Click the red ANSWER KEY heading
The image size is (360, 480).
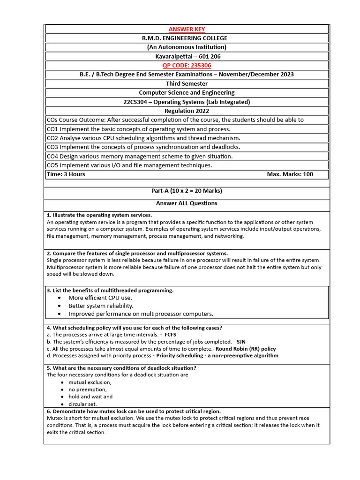click(x=187, y=29)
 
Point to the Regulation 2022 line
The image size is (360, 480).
click(x=187, y=111)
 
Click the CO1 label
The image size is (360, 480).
click(x=52, y=129)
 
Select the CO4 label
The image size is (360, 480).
click(x=52, y=156)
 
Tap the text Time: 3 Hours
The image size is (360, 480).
click(x=66, y=174)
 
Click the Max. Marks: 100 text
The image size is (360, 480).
click(x=290, y=174)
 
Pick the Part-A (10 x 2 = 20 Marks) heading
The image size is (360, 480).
click(x=187, y=191)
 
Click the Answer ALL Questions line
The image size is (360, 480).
click(x=187, y=203)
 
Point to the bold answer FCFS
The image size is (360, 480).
click(x=171, y=335)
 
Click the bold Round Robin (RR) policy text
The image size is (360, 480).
click(x=245, y=349)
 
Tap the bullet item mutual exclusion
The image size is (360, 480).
click(x=90, y=382)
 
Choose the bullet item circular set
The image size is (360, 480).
click(x=83, y=404)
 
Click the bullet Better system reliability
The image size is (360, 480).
click(x=101, y=306)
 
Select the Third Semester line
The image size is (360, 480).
click(x=187, y=83)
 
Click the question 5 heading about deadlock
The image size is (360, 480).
click(x=121, y=367)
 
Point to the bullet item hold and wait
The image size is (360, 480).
click(x=90, y=397)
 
